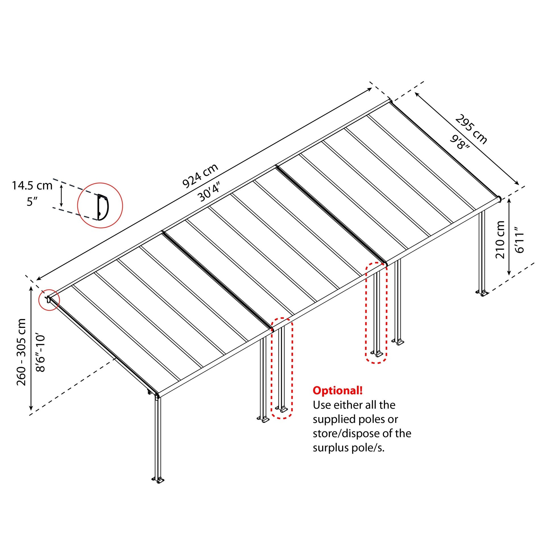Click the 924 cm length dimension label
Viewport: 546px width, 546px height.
click(x=200, y=176)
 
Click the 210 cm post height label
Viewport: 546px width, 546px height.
click(x=500, y=240)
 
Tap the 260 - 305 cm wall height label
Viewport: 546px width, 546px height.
click(x=22, y=352)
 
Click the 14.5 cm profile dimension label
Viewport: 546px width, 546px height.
click(x=32, y=186)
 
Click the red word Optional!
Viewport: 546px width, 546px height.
click(x=338, y=390)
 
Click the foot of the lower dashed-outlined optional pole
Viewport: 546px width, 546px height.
click(x=282, y=409)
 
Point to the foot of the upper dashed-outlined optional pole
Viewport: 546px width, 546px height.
click(x=377, y=354)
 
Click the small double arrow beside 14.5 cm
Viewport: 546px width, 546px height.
click(x=61, y=195)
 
